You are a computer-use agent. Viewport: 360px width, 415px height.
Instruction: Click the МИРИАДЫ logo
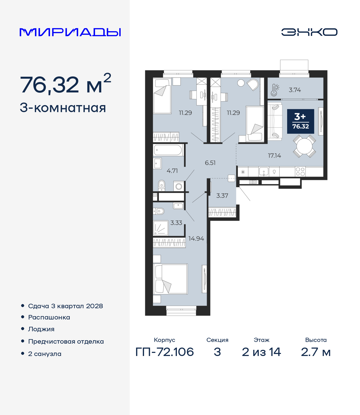tap(70, 32)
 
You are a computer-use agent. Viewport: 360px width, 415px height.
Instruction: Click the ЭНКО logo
tap(309, 32)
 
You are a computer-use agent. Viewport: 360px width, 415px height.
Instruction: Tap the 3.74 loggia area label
tap(295, 90)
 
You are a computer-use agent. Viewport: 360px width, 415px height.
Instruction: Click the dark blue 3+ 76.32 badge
tap(300, 121)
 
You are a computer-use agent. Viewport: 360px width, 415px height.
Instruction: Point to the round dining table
tap(304, 146)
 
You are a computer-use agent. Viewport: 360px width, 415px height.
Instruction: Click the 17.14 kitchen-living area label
tap(274, 155)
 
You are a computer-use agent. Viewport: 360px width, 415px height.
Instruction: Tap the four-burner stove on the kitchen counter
tap(300, 172)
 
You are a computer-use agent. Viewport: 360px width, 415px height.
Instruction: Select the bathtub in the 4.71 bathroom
tap(168, 150)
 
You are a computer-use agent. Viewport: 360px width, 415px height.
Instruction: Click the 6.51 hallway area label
tap(210, 163)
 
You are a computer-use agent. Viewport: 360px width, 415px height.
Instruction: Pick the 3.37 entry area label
tap(222, 196)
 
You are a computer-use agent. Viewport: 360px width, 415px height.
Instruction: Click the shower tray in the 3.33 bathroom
tap(161, 228)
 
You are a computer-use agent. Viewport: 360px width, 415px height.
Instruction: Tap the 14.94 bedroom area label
tap(196, 239)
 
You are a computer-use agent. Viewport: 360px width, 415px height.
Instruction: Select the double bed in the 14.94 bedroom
tap(170, 279)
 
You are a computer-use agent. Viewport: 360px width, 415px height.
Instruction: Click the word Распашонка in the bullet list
tap(49, 318)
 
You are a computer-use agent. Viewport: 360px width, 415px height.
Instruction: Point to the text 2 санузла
tap(45, 354)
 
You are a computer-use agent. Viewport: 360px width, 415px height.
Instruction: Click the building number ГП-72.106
tap(165, 352)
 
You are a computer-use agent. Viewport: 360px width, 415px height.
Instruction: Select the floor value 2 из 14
tap(261, 352)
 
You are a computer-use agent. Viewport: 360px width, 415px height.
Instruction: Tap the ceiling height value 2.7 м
tap(316, 352)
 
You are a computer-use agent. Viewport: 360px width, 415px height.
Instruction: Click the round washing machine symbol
tap(179, 187)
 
